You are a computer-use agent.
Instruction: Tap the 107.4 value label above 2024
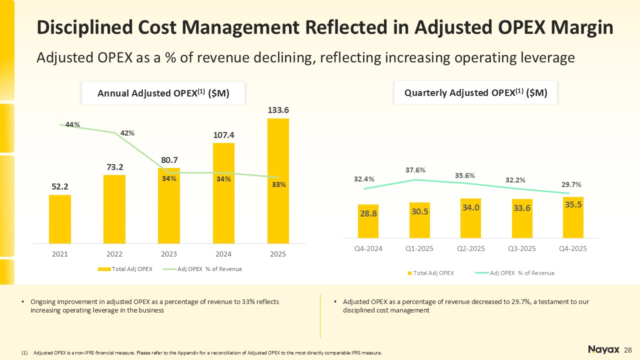223,135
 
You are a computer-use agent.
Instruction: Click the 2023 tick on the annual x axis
169,254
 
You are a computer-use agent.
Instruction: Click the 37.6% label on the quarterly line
415,170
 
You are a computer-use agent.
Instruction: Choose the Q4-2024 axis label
368,248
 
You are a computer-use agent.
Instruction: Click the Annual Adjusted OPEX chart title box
163,93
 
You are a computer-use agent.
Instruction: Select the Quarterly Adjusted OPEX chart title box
475,92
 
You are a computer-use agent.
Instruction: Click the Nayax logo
604,349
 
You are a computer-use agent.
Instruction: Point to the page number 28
628,349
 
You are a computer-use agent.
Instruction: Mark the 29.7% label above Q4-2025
570,184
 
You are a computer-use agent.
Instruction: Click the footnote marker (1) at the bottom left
24,353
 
